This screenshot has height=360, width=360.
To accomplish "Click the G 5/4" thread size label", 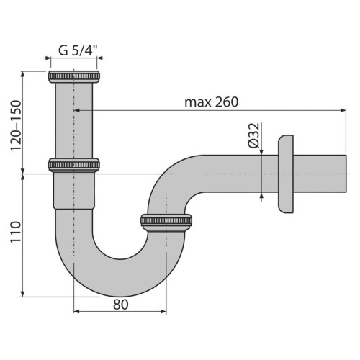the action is point(78,50).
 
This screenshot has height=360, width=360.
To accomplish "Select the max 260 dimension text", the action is point(212,102).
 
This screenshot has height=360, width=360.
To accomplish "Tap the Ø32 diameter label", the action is point(253,135).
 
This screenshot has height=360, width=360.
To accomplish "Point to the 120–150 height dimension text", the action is point(16,125).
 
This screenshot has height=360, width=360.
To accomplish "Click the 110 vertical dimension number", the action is point(16,232).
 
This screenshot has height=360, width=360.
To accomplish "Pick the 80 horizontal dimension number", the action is point(121,305).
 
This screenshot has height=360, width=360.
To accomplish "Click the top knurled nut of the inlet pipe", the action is point(74,76).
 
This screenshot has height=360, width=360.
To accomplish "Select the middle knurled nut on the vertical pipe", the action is point(74,165).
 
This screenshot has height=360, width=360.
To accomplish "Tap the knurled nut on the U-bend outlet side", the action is point(166,222).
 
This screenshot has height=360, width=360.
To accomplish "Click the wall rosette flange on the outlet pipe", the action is point(286,174).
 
